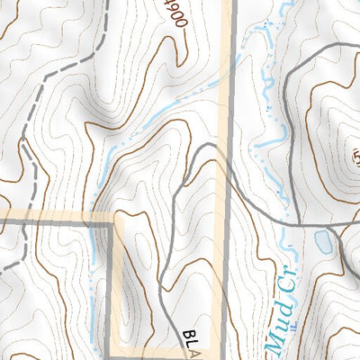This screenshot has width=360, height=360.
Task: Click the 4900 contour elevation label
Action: coord(173,13)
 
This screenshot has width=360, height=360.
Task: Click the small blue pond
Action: coord(323,240)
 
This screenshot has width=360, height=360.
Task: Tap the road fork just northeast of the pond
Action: coord(343,226)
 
